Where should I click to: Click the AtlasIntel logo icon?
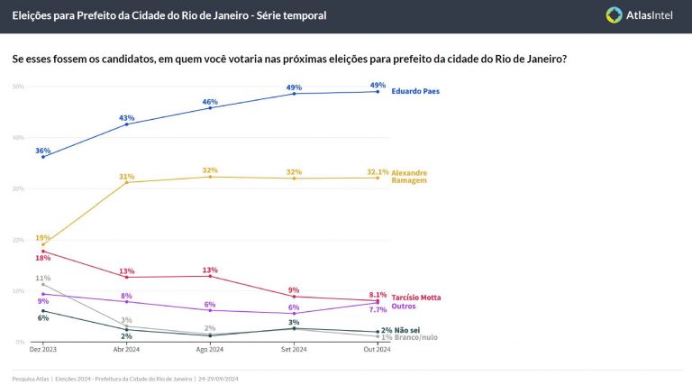[615, 15]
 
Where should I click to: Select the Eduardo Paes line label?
[415, 91]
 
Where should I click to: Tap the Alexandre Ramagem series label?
[409, 176]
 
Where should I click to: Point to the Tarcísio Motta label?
[416, 298]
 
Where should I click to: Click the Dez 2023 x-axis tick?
[41, 349]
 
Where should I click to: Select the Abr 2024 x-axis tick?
[126, 349]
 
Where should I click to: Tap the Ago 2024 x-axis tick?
[210, 349]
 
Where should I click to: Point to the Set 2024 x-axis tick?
[294, 349]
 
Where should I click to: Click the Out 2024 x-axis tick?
[378, 349]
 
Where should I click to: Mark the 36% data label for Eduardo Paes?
[42, 151]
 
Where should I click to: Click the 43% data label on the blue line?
[126, 118]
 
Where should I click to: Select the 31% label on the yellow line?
[126, 177]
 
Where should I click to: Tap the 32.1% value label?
[378, 171]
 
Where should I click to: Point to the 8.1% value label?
[378, 294]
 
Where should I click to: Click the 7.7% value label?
[378, 309]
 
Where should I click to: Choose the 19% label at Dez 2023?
[42, 238]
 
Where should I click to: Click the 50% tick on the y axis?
[18, 87]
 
